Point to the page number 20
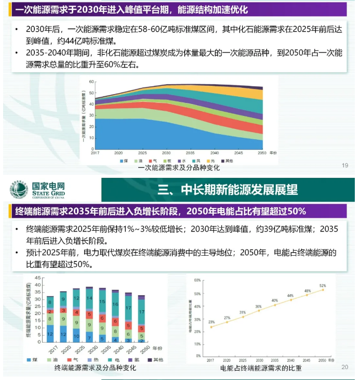[x=344, y=368]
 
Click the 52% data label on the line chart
[x=323, y=285]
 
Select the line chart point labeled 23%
[x=211, y=327]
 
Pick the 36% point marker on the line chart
[x=258, y=310]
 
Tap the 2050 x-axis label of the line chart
[x=323, y=360]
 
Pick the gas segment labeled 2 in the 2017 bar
[x=50, y=311]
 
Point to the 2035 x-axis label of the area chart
[x=190, y=153]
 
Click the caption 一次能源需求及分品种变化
[x=179, y=168]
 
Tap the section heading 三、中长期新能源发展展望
[x=228, y=190]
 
